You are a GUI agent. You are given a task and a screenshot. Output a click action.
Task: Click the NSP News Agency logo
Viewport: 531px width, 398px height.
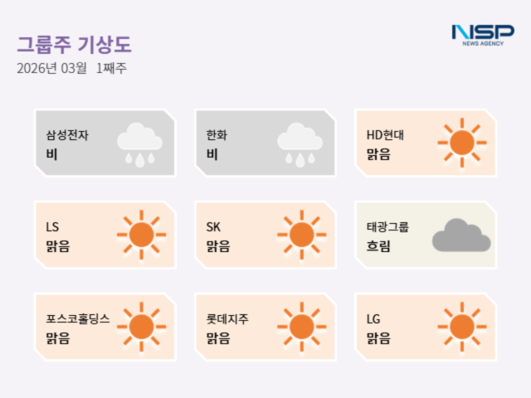pos(477,34)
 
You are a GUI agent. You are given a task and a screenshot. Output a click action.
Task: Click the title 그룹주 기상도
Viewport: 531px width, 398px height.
pos(75,45)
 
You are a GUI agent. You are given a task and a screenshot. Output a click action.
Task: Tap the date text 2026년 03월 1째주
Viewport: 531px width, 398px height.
pos(71,68)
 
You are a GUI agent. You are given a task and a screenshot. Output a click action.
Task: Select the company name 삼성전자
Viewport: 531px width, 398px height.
pos(67,134)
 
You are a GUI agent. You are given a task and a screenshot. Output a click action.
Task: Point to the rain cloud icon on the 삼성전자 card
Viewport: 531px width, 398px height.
pos(139,143)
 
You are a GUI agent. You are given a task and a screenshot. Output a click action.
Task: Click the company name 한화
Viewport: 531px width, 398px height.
pos(216,134)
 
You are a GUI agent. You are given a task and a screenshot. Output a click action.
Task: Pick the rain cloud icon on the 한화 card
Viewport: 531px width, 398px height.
pos(300,143)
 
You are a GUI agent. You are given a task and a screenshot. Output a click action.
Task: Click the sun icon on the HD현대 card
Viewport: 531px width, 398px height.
pos(461,143)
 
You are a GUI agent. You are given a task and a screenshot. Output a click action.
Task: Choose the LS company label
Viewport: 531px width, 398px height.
pos(52,226)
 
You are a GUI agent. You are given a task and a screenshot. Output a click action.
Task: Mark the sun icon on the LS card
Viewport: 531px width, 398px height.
pos(141,235)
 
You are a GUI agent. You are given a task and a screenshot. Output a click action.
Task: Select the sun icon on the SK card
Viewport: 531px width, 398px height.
pos(301,235)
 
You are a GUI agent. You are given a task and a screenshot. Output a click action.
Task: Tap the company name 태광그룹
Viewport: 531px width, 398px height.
pos(387,226)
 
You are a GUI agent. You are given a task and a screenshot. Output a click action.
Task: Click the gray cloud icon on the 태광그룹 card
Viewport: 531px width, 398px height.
pos(460,235)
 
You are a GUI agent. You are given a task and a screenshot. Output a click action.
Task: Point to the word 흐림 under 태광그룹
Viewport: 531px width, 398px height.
pos(378,246)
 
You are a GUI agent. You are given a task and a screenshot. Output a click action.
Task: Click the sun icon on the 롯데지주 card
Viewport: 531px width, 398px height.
pos(301,327)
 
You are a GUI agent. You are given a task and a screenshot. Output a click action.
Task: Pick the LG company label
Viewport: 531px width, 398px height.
pos(373,318)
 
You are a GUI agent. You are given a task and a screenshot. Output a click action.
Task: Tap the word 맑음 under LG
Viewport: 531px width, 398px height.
pos(378,338)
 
